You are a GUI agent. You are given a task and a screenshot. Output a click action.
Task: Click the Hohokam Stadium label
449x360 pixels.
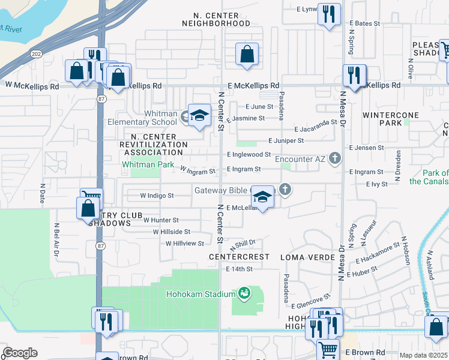click(200, 294)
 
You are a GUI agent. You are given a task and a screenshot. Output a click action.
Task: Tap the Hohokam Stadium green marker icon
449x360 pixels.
click(244, 293)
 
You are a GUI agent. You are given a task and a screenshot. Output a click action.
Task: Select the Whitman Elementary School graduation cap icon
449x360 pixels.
click(199, 115)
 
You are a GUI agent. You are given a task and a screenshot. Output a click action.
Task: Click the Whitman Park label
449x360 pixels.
click(148, 164)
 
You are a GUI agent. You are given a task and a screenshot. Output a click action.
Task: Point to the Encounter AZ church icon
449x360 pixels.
click(335, 159)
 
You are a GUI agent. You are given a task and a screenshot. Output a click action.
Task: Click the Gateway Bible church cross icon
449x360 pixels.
click(286, 190)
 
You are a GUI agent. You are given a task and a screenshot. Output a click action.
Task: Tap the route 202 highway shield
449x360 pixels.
click(36, 53)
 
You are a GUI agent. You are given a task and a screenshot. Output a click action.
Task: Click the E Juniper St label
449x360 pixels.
click(286, 140)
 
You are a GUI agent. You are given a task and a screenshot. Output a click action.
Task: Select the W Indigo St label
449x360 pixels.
click(157, 196)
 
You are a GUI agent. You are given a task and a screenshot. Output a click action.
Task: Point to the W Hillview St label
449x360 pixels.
click(185, 244)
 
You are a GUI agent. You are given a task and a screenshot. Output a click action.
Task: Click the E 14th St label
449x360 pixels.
click(240, 269)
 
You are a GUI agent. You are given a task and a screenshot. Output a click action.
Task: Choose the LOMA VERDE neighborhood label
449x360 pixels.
click(303, 257)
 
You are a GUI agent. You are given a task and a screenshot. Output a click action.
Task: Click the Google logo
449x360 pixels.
click(20, 353)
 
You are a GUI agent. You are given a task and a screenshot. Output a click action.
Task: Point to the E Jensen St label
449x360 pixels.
click(366, 148)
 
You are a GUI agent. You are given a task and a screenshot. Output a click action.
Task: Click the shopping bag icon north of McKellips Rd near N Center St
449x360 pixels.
click(247, 55)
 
